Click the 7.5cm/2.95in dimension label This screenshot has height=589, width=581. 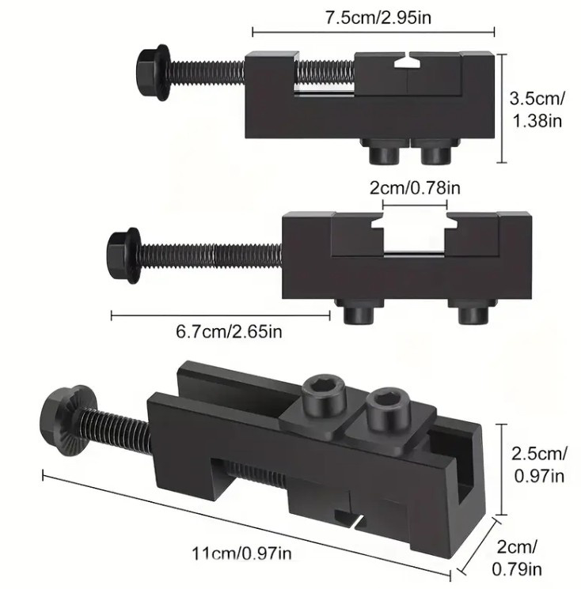[x=378, y=17]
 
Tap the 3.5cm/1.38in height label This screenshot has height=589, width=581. [x=537, y=110]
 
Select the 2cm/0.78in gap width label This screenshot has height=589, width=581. [x=415, y=188]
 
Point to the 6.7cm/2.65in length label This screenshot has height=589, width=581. [x=229, y=332]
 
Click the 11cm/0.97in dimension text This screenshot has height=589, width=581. [x=241, y=553]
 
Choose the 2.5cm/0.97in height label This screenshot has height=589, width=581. [x=539, y=465]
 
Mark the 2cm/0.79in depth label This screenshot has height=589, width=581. [x=517, y=558]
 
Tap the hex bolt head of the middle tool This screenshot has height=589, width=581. [x=123, y=255]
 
